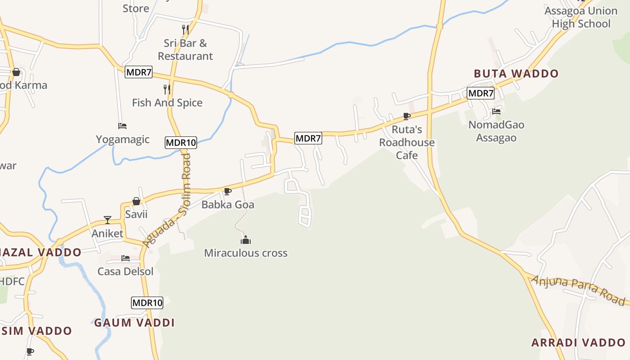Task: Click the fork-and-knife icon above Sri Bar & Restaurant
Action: (185, 30)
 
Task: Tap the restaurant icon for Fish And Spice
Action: (167, 90)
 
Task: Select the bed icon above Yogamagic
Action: (122, 126)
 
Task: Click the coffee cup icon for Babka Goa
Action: (228, 192)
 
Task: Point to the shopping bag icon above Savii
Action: (136, 201)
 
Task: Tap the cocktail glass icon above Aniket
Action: (108, 220)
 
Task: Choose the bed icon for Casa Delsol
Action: (126, 258)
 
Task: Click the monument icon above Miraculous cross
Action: (245, 240)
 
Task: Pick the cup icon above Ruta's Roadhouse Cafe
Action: (407, 117)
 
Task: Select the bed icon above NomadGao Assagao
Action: (496, 111)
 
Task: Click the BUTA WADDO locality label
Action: (516, 74)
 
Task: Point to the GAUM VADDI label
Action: (134, 323)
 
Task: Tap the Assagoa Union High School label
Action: (581, 17)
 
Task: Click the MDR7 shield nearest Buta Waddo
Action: (481, 93)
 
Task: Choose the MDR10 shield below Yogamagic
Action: (181, 143)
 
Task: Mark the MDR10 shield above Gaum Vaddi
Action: (147, 303)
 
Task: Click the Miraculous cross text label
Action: (246, 253)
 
